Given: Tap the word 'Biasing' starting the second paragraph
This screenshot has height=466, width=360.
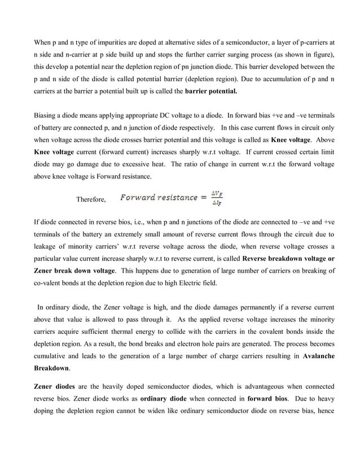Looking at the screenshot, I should [46, 115].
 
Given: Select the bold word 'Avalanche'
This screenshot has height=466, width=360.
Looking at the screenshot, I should [318, 356].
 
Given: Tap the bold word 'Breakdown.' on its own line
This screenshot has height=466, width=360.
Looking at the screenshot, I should [52, 368].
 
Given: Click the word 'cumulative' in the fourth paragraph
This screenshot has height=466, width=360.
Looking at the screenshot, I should [52, 356].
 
